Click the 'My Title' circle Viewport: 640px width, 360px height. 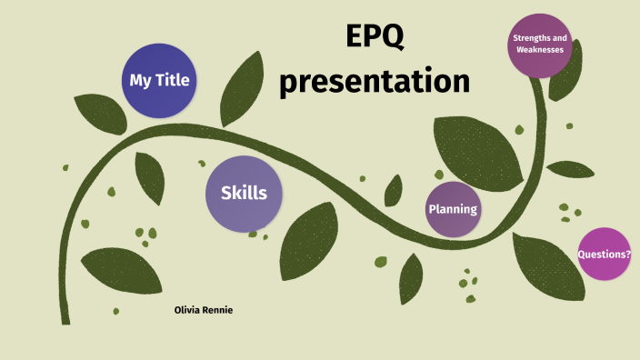159,80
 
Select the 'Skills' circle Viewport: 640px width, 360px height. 243,194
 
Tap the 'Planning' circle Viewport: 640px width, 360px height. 453,209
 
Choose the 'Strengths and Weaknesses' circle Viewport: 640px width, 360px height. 540,44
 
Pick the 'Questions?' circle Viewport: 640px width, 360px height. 604,255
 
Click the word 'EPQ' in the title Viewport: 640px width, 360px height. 374,38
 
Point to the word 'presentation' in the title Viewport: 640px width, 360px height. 374,81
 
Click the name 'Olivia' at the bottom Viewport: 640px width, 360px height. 190,310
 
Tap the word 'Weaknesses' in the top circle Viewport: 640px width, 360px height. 540,50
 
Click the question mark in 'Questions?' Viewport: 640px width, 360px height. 628,255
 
